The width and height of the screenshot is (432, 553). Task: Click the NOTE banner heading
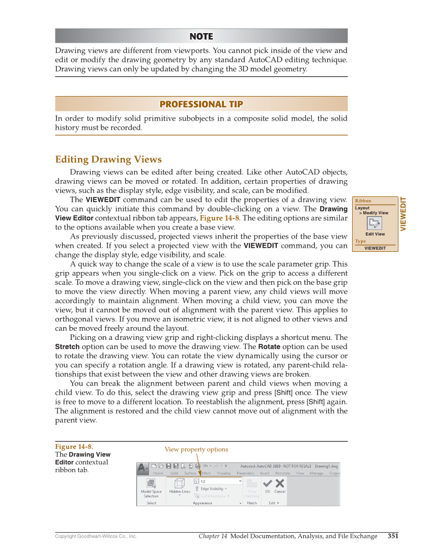201,36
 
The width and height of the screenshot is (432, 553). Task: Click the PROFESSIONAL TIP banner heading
201,104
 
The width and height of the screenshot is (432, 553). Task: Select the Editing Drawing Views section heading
108,160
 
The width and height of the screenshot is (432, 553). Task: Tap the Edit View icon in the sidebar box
375,223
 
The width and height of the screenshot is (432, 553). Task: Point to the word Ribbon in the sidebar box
363,201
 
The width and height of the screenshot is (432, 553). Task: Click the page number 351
393,536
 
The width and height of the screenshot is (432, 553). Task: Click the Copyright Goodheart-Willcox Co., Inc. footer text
96,536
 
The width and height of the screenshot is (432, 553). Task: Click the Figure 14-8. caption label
74,447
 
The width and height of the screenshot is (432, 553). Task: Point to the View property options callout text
196,449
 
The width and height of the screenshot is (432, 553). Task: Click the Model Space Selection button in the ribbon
151,487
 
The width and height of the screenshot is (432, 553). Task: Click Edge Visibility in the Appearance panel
211,488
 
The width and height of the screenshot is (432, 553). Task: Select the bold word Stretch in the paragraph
67,346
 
